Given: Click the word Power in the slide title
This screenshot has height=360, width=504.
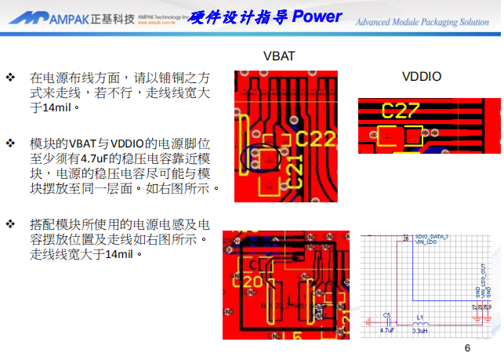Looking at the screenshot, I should (319, 16).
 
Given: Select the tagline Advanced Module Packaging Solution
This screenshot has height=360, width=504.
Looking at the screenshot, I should (422, 22).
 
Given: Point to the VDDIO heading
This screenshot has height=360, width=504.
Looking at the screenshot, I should (422, 76).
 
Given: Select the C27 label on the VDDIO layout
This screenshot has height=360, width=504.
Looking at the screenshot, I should (401, 111).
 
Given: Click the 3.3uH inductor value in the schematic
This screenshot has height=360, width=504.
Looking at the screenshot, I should (420, 331).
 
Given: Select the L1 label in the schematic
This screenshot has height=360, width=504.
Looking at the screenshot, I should (420, 316).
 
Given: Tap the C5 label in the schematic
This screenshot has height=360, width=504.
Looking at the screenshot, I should (386, 315).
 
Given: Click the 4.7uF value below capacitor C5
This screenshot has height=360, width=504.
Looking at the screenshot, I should (387, 331).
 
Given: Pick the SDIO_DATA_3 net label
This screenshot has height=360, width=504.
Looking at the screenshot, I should (431, 235).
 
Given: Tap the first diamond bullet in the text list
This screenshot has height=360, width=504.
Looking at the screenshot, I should (11, 78).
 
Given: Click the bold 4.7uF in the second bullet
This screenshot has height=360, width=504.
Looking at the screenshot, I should (97, 158).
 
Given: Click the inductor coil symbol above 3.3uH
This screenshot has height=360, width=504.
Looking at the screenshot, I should (420, 323).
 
